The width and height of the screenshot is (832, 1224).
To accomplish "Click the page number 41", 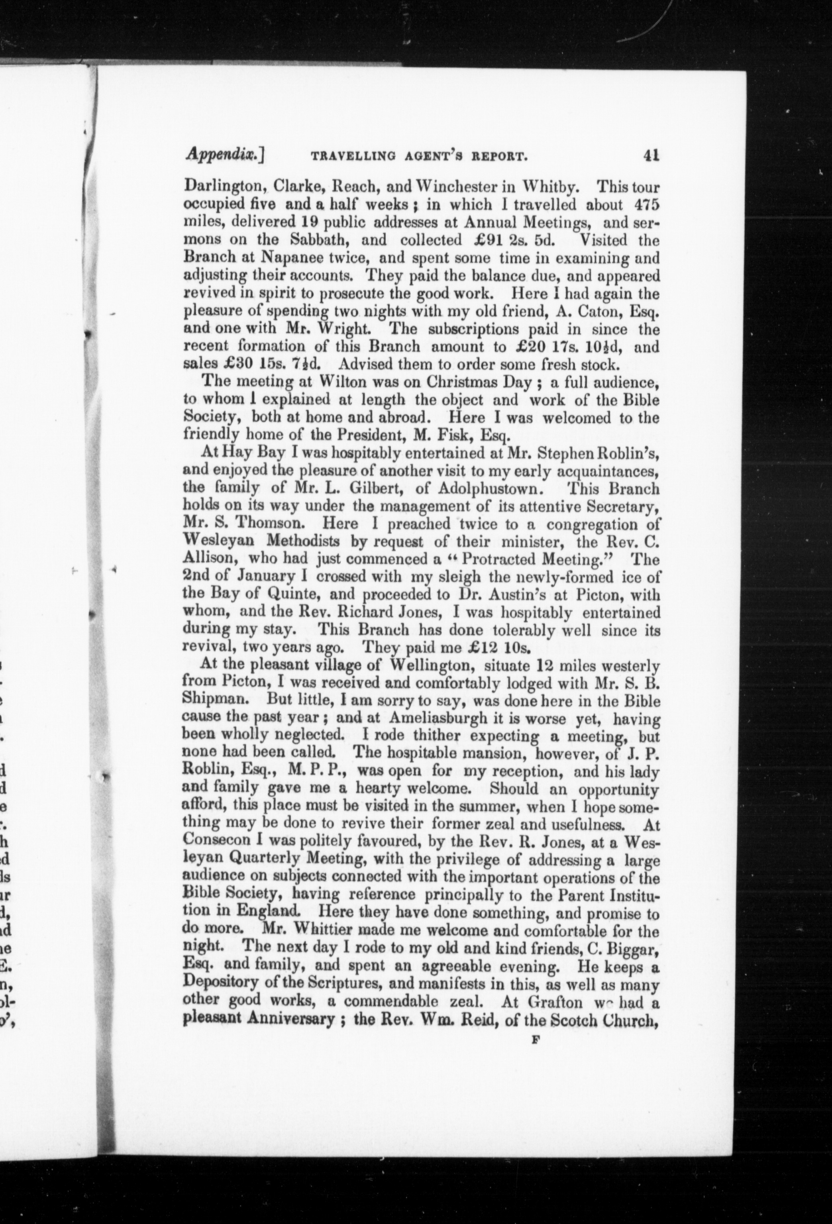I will point(651,156).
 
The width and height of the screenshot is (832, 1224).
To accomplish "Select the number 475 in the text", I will point(647,204).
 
